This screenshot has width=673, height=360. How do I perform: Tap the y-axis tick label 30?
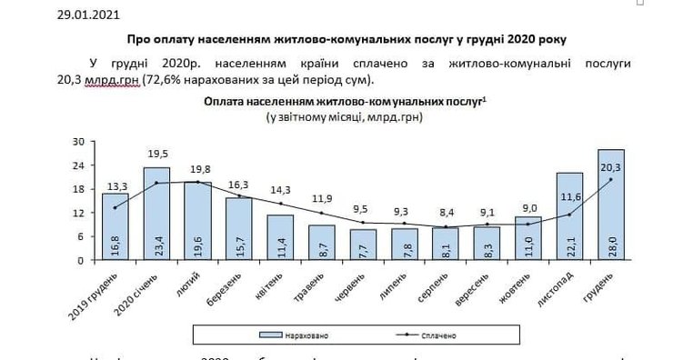point(78,142)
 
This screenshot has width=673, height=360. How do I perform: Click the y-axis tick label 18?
point(78,189)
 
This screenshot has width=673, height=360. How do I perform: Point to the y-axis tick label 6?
point(80,236)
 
